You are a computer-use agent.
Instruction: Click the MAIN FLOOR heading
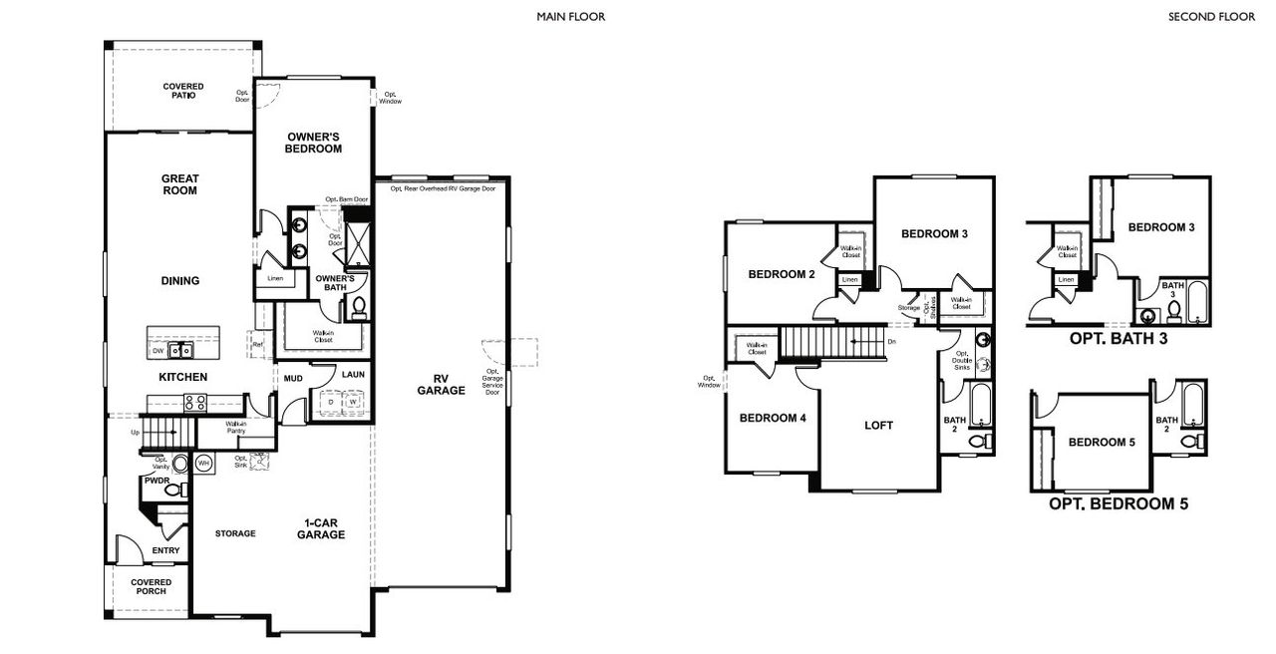570,17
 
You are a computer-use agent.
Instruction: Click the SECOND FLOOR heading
1211,17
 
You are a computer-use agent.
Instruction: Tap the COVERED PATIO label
183,91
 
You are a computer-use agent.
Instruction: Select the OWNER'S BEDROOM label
314,143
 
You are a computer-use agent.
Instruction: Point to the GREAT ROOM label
180,184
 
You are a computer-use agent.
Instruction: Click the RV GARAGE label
441,384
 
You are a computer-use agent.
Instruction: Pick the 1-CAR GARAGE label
320,528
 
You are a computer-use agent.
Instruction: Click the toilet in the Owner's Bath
359,306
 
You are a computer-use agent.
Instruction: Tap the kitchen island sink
181,350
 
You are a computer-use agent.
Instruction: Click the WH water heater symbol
203,463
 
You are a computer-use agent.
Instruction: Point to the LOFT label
878,425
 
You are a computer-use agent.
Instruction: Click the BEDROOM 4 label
772,418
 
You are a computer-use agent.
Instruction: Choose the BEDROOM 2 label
783,274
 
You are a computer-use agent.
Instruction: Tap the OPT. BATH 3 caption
1117,338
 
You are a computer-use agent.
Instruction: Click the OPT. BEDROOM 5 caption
1117,504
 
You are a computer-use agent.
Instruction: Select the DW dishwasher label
158,351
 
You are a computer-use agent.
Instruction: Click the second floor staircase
832,342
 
